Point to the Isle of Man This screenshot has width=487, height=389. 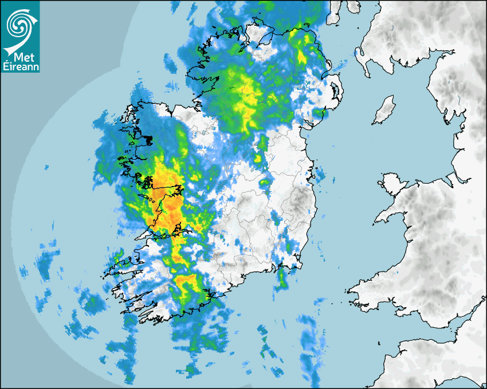point(384,110)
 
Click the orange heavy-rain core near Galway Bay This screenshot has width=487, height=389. point(163,194)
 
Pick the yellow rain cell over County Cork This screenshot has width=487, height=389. point(186,283)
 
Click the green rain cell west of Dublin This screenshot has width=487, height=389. point(264,183)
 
